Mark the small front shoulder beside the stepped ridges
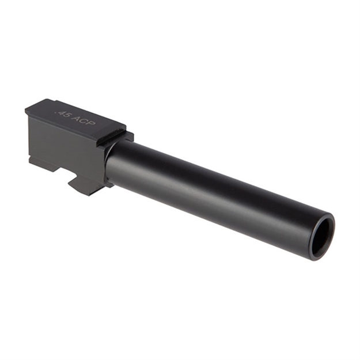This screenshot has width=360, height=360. point(129,137)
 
